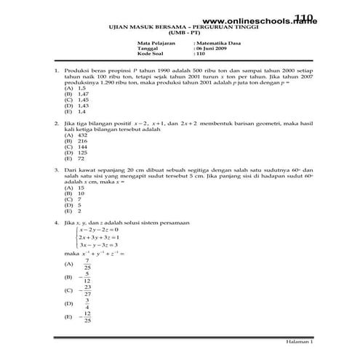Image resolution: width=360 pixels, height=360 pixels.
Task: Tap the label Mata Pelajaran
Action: [x=155, y=43]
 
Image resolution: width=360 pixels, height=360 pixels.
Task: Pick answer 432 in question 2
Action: [x=81, y=135]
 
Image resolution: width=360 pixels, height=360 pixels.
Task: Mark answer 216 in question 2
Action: [x=81, y=141]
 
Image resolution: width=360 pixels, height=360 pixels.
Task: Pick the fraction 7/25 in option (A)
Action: [x=87, y=263]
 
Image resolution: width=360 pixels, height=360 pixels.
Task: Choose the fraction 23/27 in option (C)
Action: [x=87, y=289]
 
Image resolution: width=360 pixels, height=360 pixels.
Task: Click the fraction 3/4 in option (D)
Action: [x=87, y=303]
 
